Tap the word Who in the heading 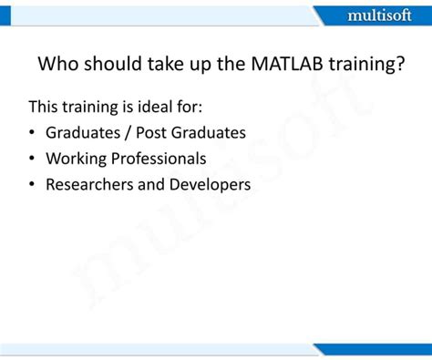57,66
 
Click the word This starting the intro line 45,107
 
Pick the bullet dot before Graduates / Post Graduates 33,133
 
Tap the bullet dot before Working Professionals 33,159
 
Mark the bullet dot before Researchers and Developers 33,185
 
